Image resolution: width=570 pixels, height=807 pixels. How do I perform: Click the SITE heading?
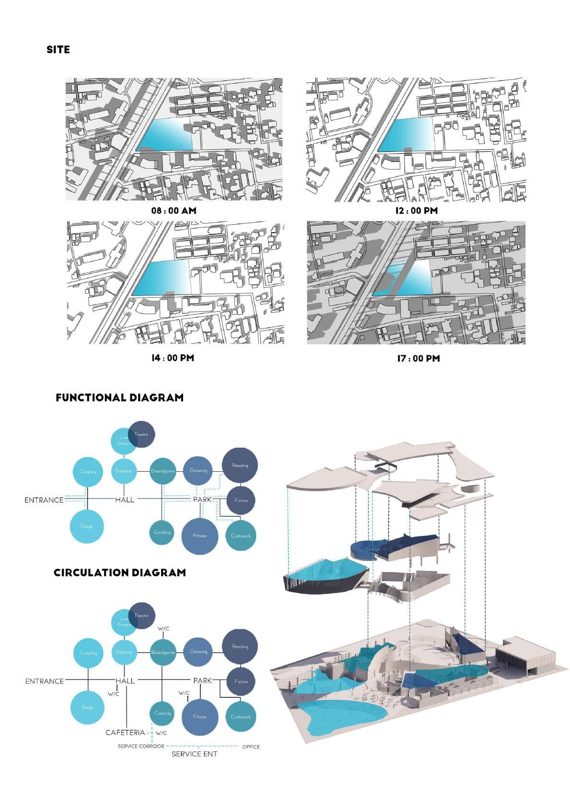[58, 50]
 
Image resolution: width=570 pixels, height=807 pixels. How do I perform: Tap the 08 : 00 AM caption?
[174, 211]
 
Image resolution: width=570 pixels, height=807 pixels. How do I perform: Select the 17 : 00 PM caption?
[418, 359]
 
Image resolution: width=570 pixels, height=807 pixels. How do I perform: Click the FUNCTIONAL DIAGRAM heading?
[119, 398]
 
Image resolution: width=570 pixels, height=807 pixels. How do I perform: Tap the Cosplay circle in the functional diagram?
[88, 472]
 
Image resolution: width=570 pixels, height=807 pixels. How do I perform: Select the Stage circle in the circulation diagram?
[87, 707]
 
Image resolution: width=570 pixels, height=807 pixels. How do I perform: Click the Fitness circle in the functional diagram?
[200, 536]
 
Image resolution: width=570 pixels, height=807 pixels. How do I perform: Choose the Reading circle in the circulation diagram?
[240, 647]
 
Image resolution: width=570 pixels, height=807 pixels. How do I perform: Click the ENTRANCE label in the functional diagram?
[44, 500]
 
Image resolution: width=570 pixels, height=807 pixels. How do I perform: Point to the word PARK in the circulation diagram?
[202, 681]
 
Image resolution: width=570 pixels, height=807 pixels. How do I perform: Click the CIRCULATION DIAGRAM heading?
[119, 573]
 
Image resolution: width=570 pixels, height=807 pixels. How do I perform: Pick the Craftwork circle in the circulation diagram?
[240, 717]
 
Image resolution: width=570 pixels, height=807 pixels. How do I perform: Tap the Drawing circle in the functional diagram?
[198, 471]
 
